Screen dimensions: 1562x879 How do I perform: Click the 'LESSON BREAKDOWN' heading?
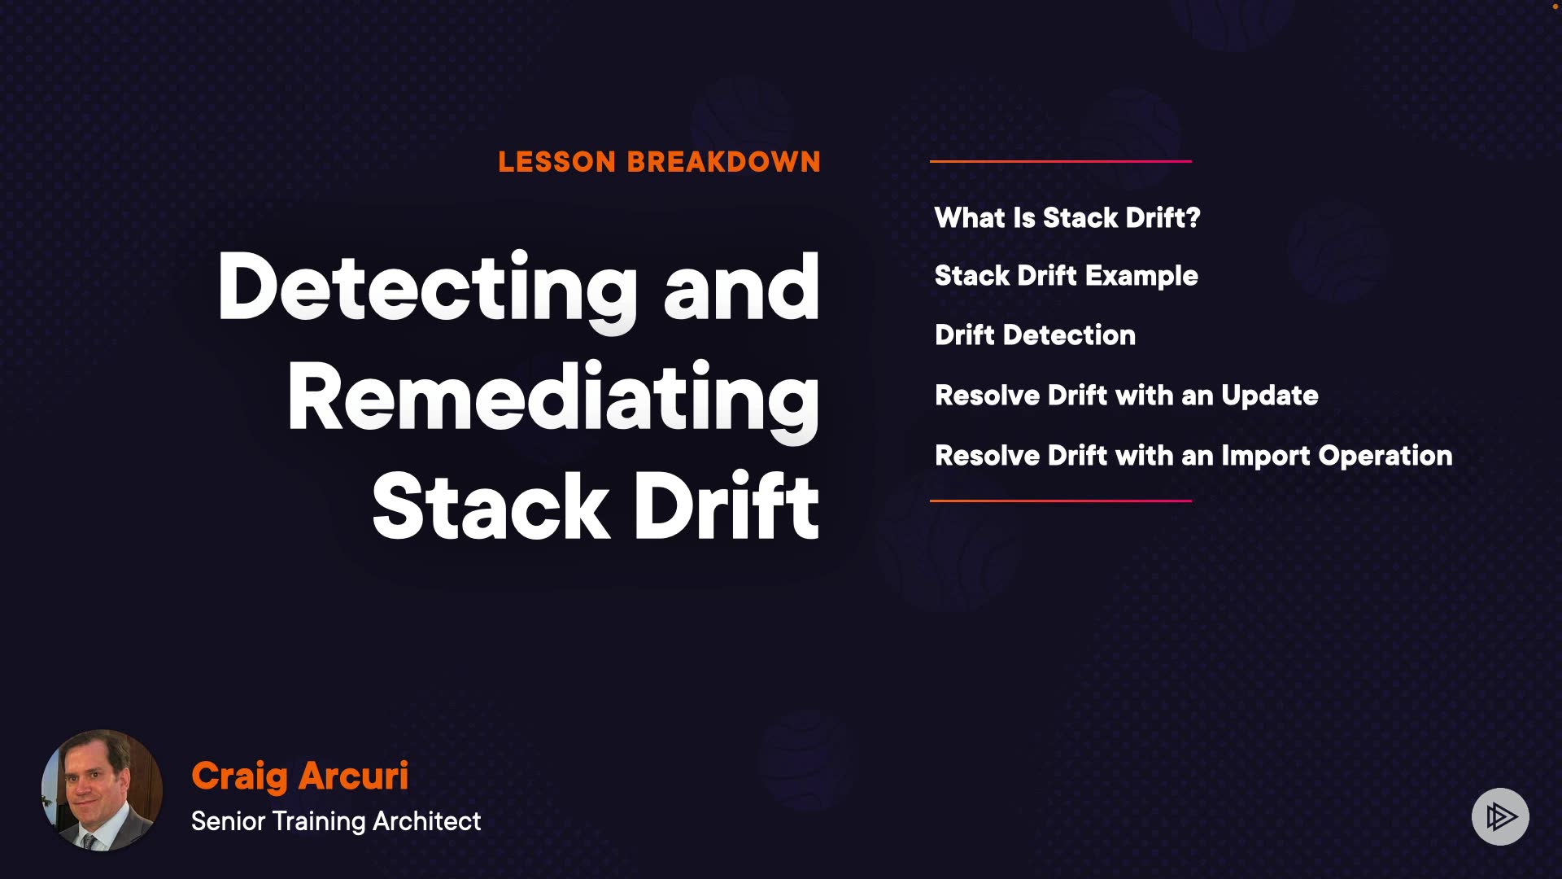pyautogui.click(x=659, y=162)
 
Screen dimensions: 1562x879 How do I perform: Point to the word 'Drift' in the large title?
pyautogui.click(x=726, y=505)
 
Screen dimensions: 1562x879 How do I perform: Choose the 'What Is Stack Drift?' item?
pyautogui.click(x=1067, y=218)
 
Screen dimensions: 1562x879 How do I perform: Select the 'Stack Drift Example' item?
pyautogui.click(x=1067, y=277)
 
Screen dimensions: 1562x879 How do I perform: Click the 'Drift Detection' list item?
pyautogui.click(x=1035, y=335)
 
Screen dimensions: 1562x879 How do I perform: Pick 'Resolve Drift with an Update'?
pyautogui.click(x=1127, y=396)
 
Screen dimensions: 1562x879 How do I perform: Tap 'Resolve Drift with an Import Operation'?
pyautogui.click(x=1193, y=457)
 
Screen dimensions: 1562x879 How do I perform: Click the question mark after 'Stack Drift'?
pyautogui.click(x=1193, y=218)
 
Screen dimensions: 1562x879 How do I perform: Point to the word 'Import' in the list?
pyautogui.click(x=1265, y=457)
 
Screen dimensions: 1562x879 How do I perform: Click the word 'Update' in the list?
pyautogui.click(x=1270, y=396)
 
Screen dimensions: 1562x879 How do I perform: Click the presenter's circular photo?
pyautogui.click(x=102, y=790)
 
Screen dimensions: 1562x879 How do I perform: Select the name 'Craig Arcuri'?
pyautogui.click(x=299, y=776)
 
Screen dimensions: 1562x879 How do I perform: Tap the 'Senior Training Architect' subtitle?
pyautogui.click(x=336, y=821)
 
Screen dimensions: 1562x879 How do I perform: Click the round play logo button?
pyautogui.click(x=1500, y=816)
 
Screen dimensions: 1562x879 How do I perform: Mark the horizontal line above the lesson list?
pyautogui.click(x=1061, y=161)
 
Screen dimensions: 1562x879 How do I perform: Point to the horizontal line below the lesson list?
pyautogui.click(x=1061, y=501)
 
